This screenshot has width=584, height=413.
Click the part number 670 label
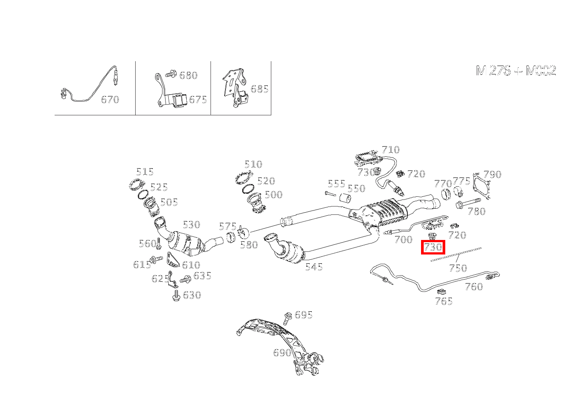click(x=110, y=100)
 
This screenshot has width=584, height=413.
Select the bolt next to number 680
click(x=171, y=74)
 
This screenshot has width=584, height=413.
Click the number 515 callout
click(x=144, y=172)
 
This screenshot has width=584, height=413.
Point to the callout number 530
click(x=191, y=225)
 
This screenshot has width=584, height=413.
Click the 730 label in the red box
click(x=433, y=247)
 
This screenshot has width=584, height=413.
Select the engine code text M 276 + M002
click(x=516, y=70)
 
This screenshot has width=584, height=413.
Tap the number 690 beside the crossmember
click(x=282, y=353)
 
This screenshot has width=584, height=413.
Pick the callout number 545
click(x=314, y=267)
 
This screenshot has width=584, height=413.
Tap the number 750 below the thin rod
click(x=458, y=268)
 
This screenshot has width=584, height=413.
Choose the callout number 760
click(x=474, y=287)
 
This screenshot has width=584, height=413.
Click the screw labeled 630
click(x=176, y=295)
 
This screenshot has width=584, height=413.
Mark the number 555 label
click(x=336, y=184)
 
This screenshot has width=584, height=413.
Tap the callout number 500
click(x=274, y=195)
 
